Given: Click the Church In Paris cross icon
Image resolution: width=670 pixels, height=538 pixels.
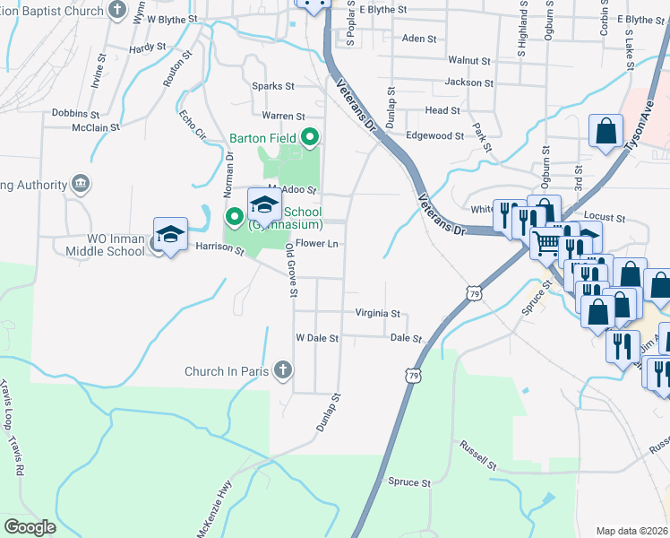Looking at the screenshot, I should coord(282,370).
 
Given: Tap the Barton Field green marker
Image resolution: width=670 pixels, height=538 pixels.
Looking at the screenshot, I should coord(310,138).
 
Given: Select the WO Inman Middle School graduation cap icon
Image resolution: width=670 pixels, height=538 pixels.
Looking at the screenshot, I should coord(170,235).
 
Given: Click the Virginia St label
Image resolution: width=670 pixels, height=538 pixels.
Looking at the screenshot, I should coord(377,314).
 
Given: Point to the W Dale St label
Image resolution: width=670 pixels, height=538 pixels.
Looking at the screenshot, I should coord(317,339).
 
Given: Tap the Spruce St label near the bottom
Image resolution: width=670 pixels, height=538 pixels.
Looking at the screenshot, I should coord(409,482).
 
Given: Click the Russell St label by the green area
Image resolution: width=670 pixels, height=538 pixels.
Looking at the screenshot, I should coord(477,456).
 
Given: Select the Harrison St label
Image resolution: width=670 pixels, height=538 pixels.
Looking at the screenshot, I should coord(220,247).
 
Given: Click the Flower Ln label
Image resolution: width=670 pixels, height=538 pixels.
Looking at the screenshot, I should coord(316,244).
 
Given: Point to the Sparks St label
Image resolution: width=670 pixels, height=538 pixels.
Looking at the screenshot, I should coord(273,87).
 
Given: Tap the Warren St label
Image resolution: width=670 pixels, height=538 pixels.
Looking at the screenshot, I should coord(284,117).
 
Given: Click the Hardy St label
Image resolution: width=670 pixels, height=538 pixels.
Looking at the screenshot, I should coord(148,48).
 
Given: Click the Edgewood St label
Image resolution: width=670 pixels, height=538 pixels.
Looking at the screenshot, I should coord(435,136).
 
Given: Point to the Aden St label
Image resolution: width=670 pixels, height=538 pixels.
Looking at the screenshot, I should coord(419,39).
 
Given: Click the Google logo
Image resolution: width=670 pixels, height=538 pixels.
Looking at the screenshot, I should coord(30,527).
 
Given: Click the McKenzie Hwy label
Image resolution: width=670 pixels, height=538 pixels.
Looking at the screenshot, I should coord(212,512).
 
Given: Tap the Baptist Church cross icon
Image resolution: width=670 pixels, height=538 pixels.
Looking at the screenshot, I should coord(117,10).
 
